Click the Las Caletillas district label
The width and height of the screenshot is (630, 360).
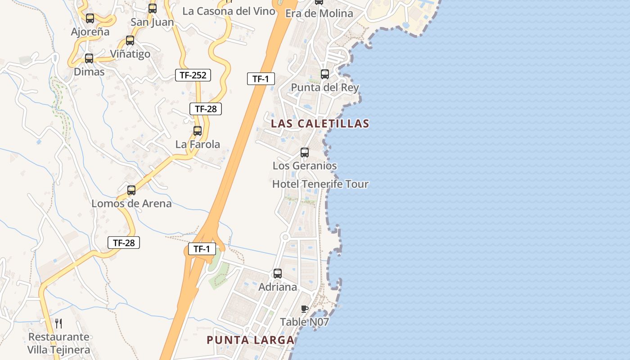320,123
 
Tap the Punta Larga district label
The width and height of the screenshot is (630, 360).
251,340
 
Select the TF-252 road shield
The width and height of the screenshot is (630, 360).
193,75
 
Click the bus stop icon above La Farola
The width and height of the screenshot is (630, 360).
198,131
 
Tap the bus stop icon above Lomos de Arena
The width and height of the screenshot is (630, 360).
131,190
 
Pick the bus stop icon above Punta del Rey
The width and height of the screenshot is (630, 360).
325,74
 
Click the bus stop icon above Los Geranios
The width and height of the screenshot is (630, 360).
305,153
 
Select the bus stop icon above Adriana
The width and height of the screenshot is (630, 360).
278,274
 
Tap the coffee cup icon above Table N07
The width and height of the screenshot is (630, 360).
305,309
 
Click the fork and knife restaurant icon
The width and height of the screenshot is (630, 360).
58,323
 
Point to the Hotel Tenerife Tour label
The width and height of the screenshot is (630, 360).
320,184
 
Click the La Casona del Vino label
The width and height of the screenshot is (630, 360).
229,11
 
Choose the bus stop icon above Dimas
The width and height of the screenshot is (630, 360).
89,58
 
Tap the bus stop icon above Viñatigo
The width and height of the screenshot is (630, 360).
130,40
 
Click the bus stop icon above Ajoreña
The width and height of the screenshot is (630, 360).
90,18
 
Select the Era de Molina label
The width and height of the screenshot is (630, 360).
319,13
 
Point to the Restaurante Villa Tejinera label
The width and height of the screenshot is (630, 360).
58,343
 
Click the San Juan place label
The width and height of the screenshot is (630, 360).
152,22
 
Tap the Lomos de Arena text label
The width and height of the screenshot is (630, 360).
131,203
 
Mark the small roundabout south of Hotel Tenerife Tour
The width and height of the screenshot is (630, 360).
285,237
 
